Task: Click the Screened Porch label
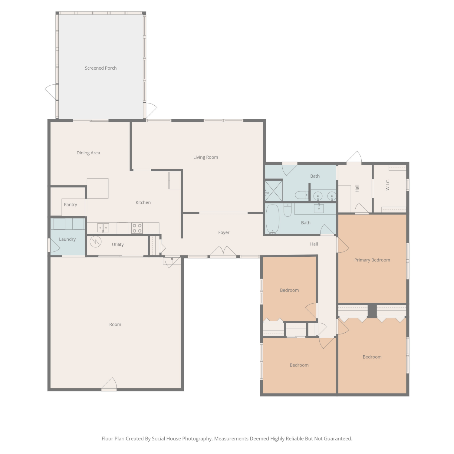coord(100,68)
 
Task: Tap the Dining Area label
coord(88,153)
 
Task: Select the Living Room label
coord(206,157)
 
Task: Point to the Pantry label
coord(70,205)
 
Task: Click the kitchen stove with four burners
coord(137,228)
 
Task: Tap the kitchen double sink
coord(103,228)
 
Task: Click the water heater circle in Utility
coord(96,242)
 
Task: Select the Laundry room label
coord(67,239)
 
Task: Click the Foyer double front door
coord(223,252)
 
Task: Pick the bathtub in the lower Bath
coord(272,219)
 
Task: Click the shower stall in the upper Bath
coord(274,190)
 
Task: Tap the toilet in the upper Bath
coord(301,195)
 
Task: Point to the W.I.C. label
coord(388,185)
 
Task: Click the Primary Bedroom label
coord(372,260)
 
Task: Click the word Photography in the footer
coord(197,439)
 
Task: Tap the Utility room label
coord(118,245)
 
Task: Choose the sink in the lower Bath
coord(319,208)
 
